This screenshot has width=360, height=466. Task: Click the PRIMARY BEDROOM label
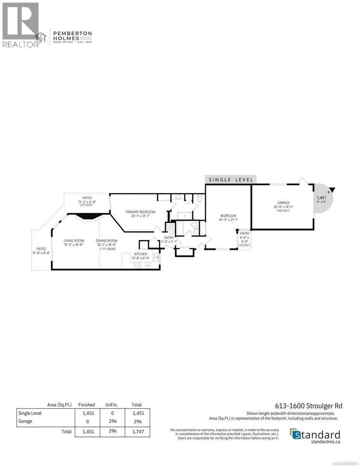[140, 212]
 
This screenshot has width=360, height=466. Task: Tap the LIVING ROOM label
[74, 241]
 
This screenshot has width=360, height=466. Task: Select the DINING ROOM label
[106, 241]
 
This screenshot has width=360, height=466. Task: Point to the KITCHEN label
[141, 254]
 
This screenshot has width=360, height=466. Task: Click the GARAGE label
[283, 203]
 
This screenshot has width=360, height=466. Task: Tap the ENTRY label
[169, 238]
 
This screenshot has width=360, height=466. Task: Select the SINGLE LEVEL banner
[231, 179]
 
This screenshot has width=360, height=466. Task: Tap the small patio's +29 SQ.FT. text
[245, 245]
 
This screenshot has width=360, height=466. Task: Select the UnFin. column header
[111, 405]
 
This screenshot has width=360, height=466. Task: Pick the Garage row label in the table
[25, 421]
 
